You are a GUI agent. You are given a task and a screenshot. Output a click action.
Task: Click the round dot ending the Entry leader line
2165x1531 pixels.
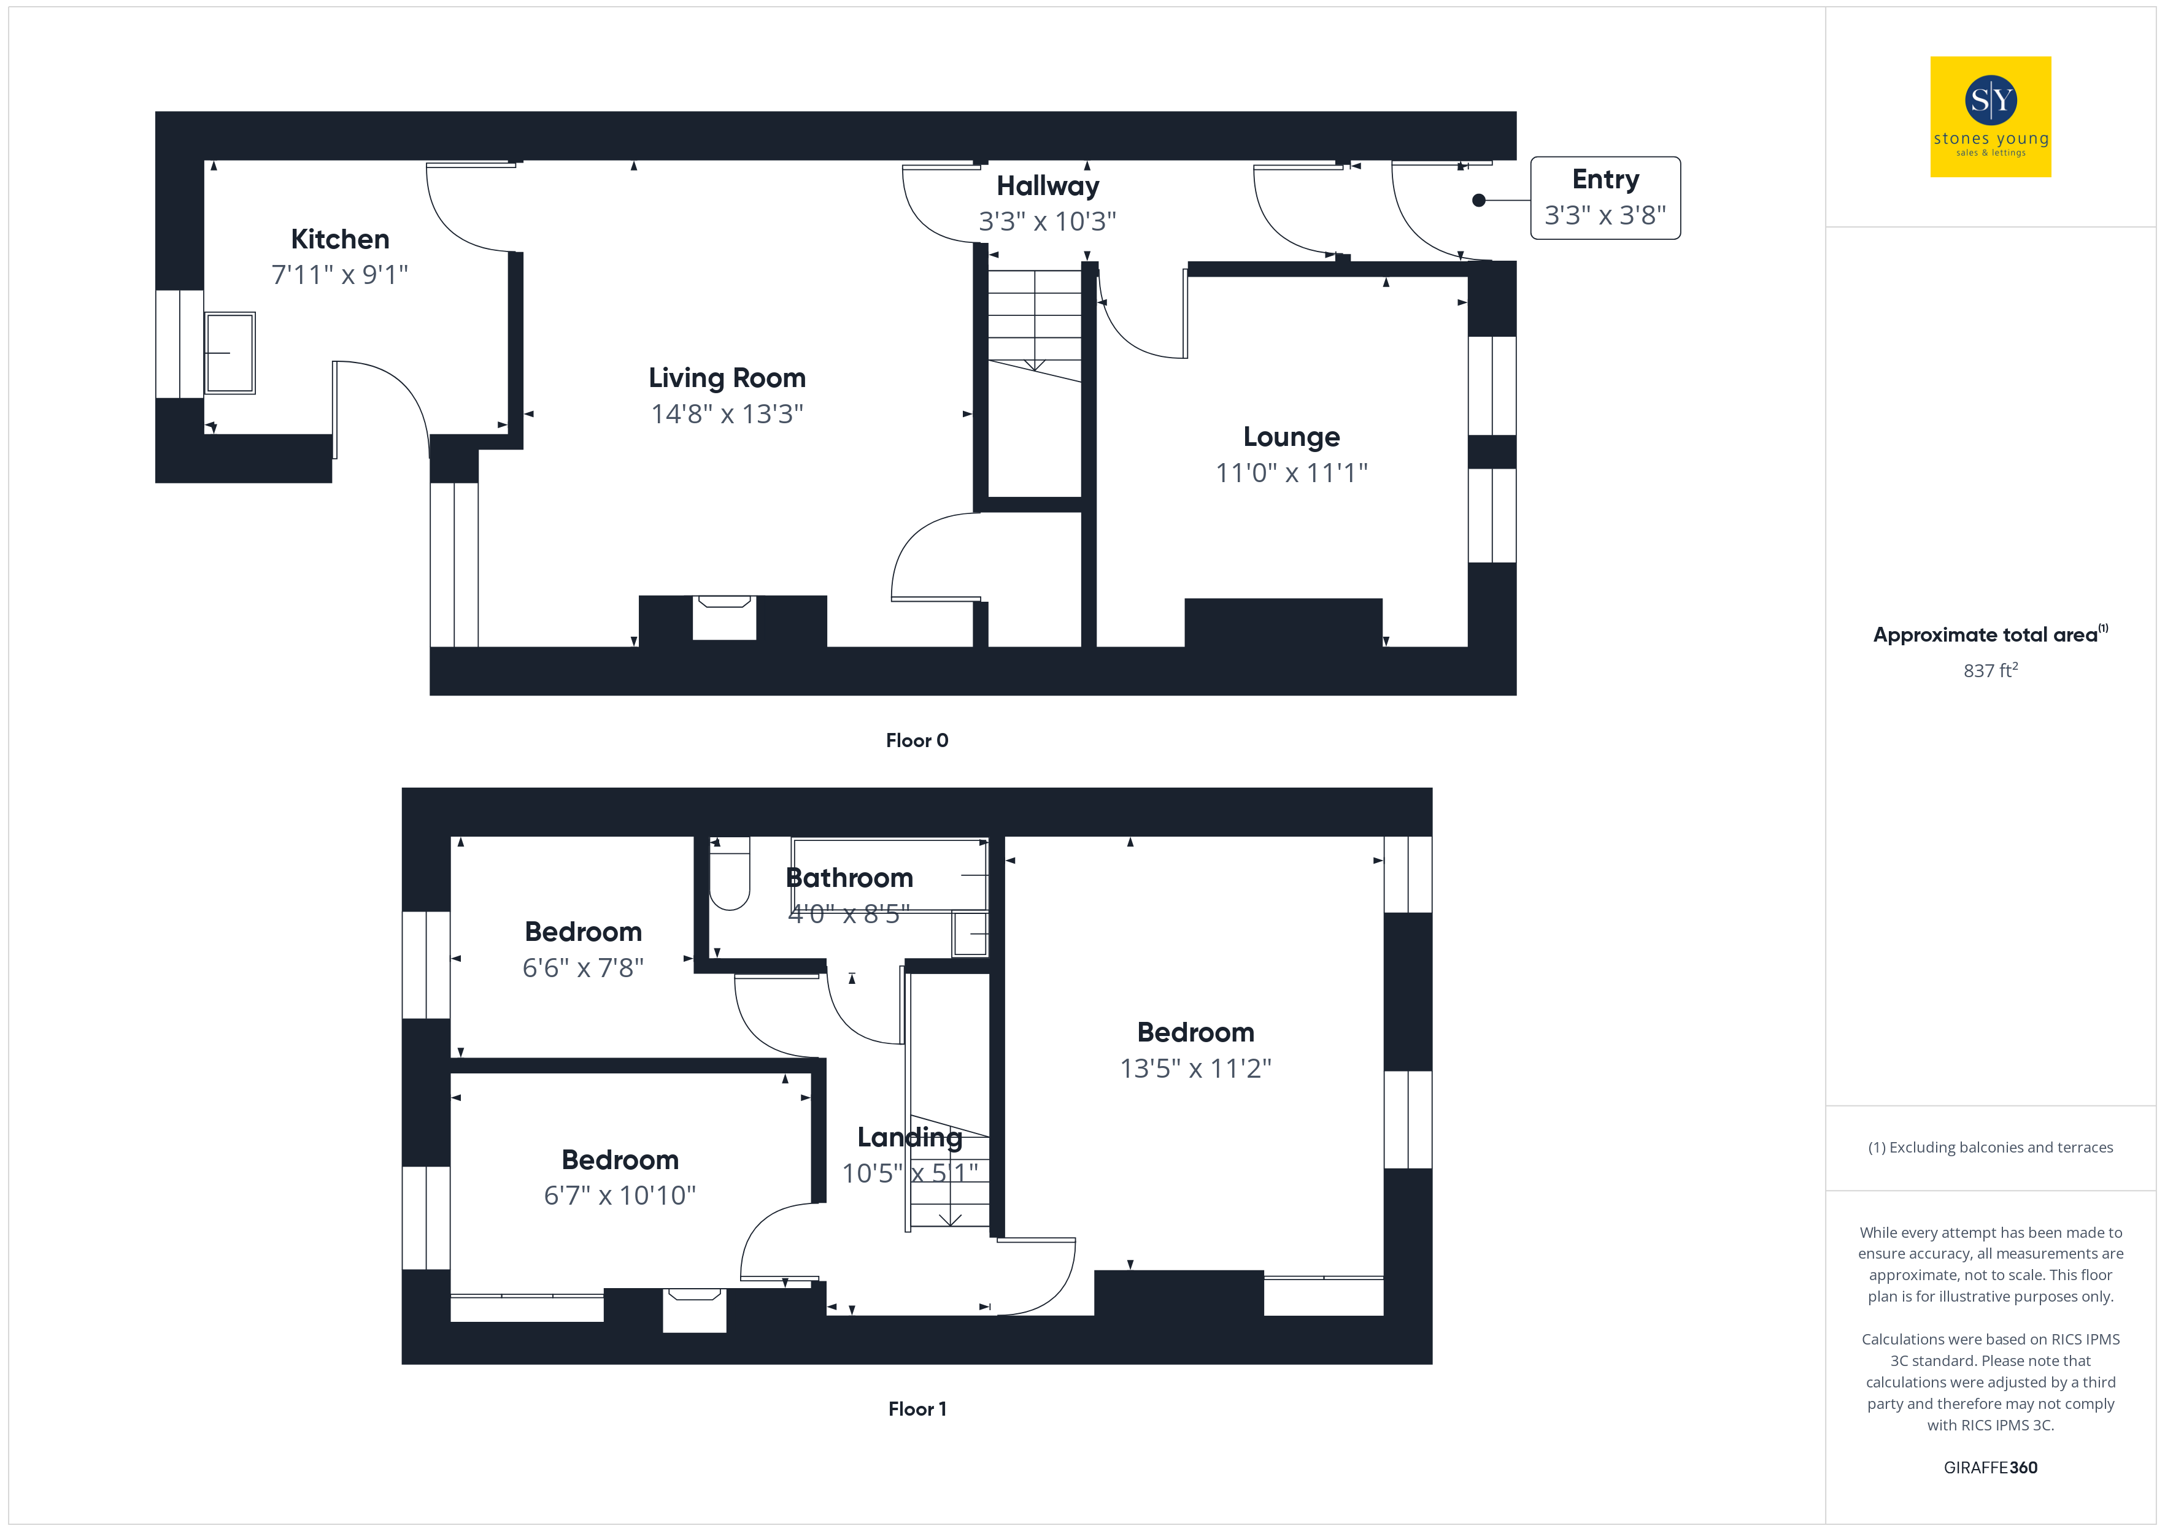pos(1478,200)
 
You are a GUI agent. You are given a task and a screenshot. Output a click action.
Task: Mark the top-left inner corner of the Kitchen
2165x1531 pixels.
pos(204,161)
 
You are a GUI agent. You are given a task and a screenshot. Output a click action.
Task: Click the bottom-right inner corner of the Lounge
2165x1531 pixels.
pos(1467,647)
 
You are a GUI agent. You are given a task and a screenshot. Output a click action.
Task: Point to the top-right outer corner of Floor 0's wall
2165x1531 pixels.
pos(1516,112)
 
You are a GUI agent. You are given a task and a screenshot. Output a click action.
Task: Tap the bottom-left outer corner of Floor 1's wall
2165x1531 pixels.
pos(403,1363)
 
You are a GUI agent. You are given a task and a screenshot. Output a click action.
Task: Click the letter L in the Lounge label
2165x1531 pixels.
pos(1251,437)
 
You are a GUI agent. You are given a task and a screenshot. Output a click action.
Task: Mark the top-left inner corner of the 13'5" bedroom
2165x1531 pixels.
pos(1004,837)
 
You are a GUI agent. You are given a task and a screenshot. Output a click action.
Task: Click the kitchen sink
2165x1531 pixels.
pos(230,353)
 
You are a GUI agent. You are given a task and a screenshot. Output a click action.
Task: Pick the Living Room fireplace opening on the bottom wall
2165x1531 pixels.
pos(724,618)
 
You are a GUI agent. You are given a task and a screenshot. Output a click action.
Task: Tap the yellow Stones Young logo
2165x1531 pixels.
pos(1991,117)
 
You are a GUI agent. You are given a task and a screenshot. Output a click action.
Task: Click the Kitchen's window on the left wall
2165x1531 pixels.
pos(179,344)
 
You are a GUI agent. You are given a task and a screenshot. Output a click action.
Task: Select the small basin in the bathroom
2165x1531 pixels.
pos(970,934)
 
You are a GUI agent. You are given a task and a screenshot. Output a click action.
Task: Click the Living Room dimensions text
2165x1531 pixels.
pos(727,414)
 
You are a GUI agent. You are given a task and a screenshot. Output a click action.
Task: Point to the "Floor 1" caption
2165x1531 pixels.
pos(917,1408)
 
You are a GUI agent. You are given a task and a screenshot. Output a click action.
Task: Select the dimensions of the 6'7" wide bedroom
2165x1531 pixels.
pos(620,1195)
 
